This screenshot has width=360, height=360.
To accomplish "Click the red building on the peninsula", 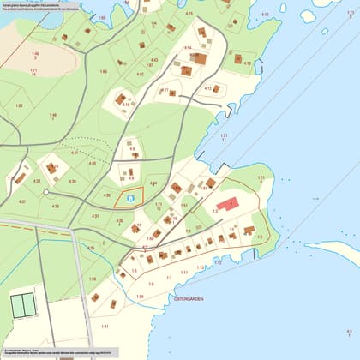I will coord(227,204).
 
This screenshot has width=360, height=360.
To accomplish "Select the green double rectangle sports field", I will coord(23,303).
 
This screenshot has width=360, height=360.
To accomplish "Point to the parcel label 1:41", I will coord(105,327).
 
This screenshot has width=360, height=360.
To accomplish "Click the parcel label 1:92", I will coord(19,105).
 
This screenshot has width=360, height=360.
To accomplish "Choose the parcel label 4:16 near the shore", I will coord(264,15).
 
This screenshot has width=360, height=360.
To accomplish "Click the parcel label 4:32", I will coord(107,195).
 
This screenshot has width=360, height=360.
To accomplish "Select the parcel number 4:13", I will coord(247,63).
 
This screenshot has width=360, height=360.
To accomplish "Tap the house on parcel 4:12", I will coord(216,88).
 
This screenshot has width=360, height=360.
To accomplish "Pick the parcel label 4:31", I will coord(96,216).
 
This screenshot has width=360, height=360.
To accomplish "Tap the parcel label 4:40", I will coord(92,163).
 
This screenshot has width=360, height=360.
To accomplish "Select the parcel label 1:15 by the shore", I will coord(200,268).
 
